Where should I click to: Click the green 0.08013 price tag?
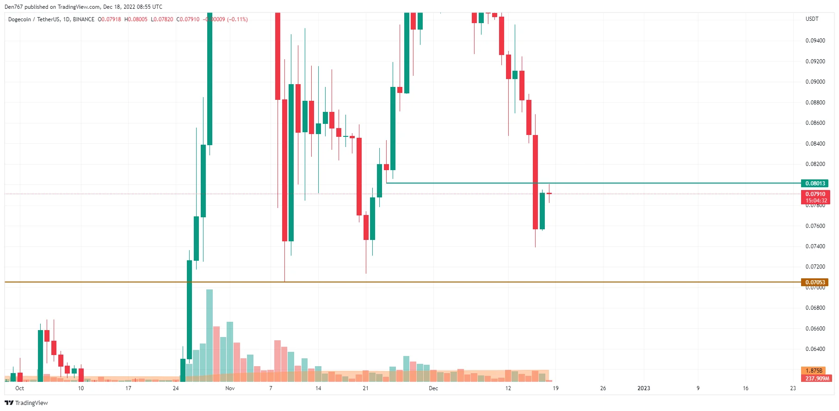814,184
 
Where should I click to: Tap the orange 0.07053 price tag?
814,282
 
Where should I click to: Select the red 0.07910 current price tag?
815,194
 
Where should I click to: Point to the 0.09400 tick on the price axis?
815,41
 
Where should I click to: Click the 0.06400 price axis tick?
815,349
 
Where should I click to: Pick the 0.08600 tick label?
815,123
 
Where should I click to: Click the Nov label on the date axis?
230,388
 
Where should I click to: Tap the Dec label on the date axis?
433,388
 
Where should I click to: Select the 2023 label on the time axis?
643,388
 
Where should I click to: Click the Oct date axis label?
19,388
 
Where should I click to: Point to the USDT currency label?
812,19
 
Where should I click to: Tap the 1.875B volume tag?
814,371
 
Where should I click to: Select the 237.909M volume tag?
817,379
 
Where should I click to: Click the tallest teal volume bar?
210,335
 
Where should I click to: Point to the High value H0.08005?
136,19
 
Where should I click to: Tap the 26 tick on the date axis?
603,388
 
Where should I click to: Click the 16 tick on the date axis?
745,388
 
